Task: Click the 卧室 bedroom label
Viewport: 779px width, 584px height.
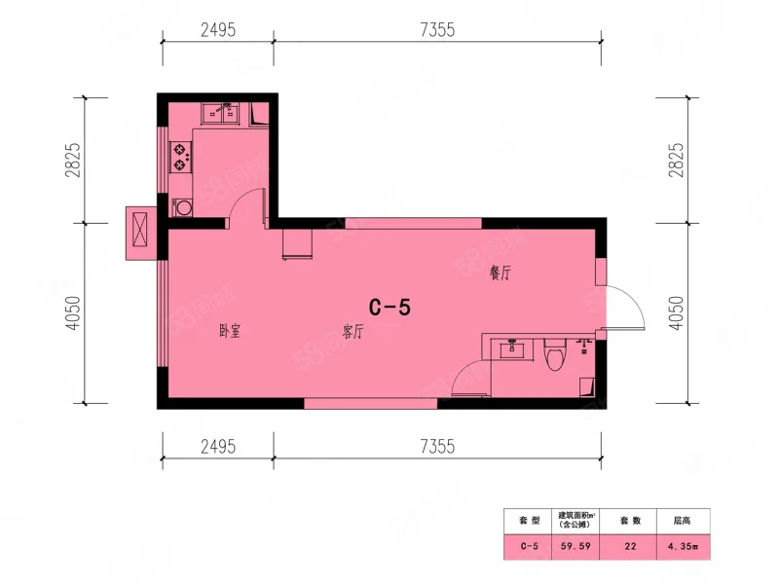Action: [x=230, y=331]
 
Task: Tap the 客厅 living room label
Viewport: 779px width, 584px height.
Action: [x=352, y=331]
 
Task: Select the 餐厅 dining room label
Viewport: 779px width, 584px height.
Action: [x=500, y=273]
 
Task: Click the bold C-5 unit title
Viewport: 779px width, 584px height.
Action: [x=390, y=308]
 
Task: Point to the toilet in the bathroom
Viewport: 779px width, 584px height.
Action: [x=555, y=354]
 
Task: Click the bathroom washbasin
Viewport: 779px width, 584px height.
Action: [x=512, y=349]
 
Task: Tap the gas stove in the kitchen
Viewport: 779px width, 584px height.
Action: [x=180, y=157]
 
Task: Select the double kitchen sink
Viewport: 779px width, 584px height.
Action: [x=220, y=114]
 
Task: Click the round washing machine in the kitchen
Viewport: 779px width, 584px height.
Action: [x=183, y=207]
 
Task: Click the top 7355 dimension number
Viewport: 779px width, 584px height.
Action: [x=437, y=30]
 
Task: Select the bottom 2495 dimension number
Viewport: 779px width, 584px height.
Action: [x=218, y=447]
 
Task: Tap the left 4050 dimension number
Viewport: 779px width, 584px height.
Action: [x=72, y=312]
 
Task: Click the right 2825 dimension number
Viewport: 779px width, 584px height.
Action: [x=676, y=160]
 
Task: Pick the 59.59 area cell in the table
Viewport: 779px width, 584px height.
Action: [x=575, y=546]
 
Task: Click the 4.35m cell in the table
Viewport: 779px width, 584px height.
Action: [x=683, y=546]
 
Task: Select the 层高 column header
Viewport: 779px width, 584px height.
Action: [x=683, y=521]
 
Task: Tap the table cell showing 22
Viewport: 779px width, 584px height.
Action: [x=630, y=546]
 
